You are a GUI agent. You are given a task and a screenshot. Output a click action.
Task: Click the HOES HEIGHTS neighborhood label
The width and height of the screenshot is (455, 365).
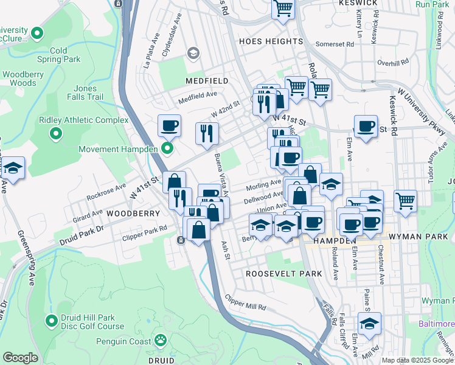271,41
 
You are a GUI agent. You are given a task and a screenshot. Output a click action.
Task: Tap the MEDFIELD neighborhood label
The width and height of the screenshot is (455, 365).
207,81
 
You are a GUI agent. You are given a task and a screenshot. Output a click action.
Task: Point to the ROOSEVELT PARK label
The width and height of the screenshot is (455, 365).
283,274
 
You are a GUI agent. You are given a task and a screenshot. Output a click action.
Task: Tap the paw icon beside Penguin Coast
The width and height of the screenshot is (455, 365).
161,338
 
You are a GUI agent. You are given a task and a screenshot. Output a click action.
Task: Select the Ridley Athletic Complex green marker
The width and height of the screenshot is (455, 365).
57,133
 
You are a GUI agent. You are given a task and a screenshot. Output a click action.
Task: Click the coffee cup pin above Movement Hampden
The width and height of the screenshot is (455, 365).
169,126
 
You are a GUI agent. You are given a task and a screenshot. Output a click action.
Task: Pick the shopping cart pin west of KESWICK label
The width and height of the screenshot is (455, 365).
283,9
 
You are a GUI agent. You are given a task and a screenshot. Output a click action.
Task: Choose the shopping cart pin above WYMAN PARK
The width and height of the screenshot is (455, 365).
405,200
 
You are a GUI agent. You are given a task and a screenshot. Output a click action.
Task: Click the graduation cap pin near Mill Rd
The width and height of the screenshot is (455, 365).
369,323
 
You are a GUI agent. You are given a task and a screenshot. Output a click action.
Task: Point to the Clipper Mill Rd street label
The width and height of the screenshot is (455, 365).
245,302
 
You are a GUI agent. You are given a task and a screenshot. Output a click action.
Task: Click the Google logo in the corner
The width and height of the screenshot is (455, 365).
20,357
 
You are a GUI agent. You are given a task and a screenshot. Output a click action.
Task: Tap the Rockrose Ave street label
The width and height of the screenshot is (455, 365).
106,192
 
